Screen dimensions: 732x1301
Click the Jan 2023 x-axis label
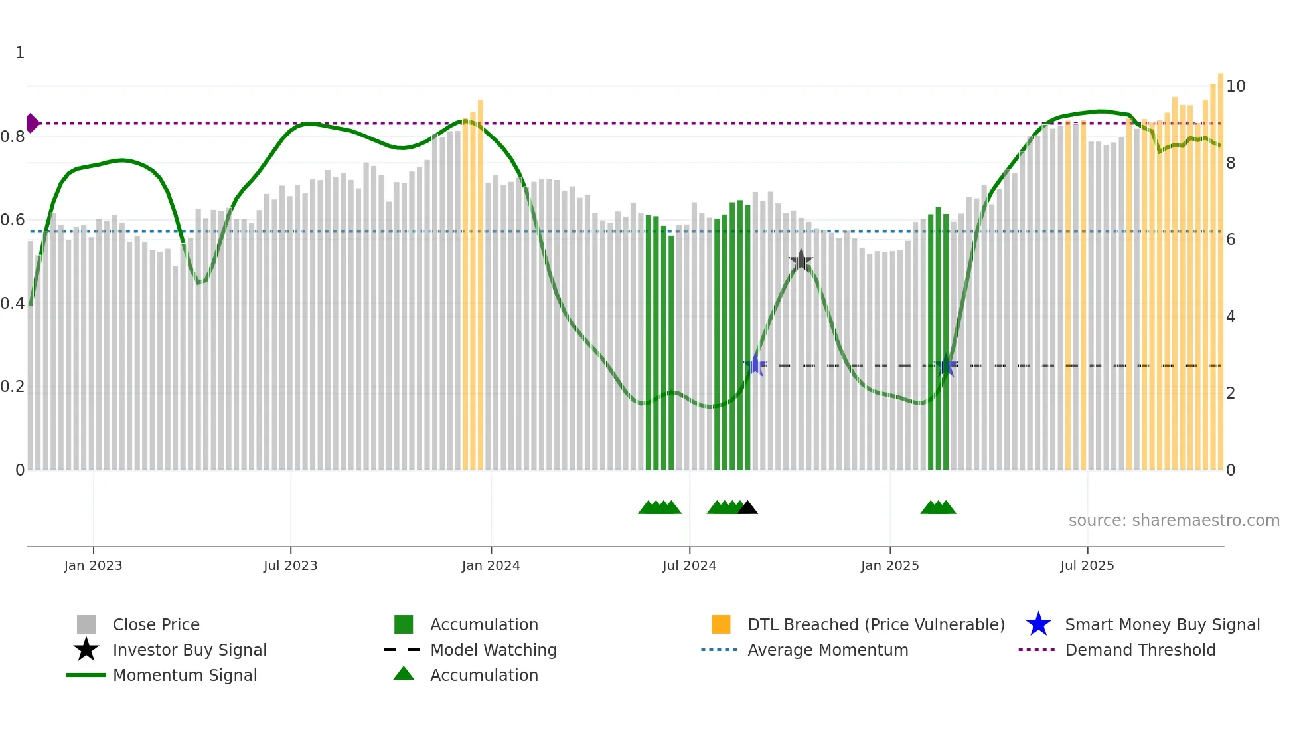point(93,565)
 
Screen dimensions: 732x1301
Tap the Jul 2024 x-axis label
point(689,565)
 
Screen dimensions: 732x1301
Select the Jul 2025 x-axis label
point(1087,565)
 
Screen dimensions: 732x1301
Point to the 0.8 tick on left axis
point(13,137)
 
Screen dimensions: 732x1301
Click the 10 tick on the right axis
point(1235,86)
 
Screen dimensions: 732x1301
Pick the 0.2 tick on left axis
point(13,387)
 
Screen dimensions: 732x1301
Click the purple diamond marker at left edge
point(32,123)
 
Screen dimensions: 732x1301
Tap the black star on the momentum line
point(801,260)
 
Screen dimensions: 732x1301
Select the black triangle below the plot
point(747,508)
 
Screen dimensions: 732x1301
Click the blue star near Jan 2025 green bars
point(945,365)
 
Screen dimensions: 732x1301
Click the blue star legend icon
point(1038,624)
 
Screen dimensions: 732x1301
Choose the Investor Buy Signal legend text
point(189,650)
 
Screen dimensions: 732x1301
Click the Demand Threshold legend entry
point(1140,650)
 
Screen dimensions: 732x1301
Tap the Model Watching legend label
point(493,650)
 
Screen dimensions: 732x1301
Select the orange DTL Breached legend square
point(721,624)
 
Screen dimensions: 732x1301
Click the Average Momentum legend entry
point(827,650)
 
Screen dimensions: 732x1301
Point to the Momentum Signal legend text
point(185,675)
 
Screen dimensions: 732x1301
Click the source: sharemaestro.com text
point(1174,521)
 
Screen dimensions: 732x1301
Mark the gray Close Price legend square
point(86,624)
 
